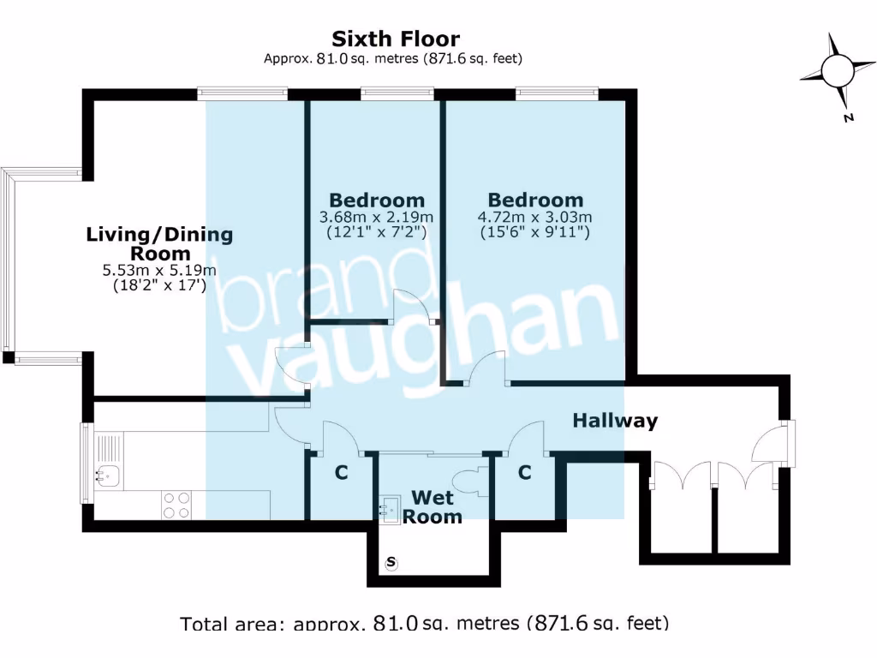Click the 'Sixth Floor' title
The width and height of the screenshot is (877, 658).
395,39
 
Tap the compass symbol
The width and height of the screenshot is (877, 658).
835,71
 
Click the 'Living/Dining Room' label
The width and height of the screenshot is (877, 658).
159,243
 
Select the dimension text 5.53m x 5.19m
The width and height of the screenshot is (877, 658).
159,271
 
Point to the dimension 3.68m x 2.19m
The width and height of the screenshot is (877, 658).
376,216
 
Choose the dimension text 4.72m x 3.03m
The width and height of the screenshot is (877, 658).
534,216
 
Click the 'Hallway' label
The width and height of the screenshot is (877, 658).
615,421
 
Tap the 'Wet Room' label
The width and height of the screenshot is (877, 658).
433,506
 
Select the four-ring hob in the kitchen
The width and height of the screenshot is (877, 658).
176,504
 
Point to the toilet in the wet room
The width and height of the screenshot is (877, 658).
470,482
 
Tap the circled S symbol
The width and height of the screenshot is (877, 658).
391,563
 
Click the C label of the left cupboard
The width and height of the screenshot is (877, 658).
341,472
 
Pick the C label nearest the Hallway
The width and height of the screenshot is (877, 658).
524,472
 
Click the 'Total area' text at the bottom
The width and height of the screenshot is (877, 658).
424,623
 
